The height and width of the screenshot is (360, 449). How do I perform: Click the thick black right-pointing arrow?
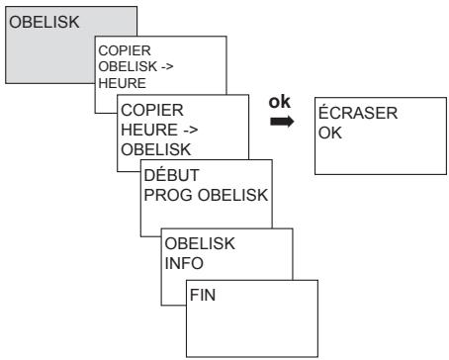click(x=282, y=123)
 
